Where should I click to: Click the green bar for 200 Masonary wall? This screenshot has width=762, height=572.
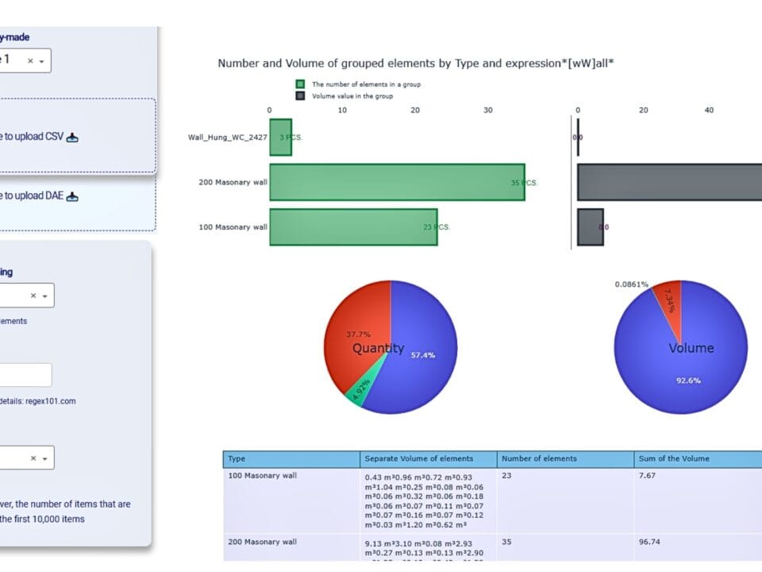tap(397, 182)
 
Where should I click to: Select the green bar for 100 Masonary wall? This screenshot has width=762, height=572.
tap(353, 226)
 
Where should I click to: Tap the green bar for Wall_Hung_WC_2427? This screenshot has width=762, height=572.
tap(280, 137)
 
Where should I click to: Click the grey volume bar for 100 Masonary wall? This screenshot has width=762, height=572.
tap(590, 226)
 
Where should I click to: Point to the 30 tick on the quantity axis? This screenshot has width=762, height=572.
tap(488, 110)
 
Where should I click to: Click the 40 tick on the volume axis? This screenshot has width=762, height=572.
tap(709, 110)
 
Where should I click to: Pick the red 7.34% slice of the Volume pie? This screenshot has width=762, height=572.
tap(670, 302)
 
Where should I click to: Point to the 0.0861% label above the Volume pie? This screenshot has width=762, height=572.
tap(631, 284)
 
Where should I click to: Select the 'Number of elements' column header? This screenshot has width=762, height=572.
tap(539, 458)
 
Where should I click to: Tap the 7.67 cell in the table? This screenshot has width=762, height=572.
tap(647, 477)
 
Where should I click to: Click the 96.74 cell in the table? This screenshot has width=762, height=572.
tap(649, 542)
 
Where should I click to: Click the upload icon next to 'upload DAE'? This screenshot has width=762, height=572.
tap(72, 195)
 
